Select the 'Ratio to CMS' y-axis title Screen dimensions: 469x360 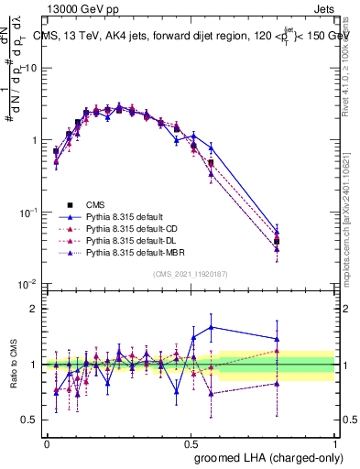pos(14,365)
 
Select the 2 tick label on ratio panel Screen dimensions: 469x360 pos(34,309)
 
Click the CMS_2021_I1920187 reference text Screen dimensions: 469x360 pos(191,274)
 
